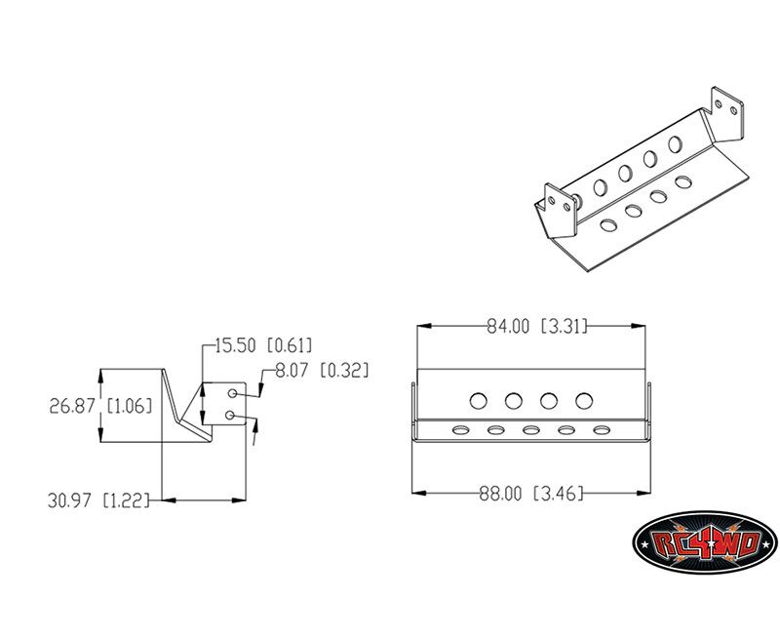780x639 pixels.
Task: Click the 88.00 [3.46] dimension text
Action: [531, 494]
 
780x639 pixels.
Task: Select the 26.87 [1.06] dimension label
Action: [100, 406]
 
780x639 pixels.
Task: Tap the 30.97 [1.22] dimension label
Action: [98, 500]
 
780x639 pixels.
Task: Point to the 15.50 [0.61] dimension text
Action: [263, 345]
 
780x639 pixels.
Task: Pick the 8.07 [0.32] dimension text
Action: [323, 371]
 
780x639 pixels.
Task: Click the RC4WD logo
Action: [705, 542]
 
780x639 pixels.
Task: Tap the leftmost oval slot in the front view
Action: [460, 429]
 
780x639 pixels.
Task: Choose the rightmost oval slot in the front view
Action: [602, 429]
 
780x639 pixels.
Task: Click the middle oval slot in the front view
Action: [530, 429]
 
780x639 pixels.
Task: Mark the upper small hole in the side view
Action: [232, 394]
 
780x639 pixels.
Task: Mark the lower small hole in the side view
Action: [229, 415]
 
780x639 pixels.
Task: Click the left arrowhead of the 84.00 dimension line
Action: [424, 326]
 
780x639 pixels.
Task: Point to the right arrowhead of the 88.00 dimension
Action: [644, 494]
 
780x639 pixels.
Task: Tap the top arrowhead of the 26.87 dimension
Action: [101, 376]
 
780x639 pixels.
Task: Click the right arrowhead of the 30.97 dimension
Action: [239, 499]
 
